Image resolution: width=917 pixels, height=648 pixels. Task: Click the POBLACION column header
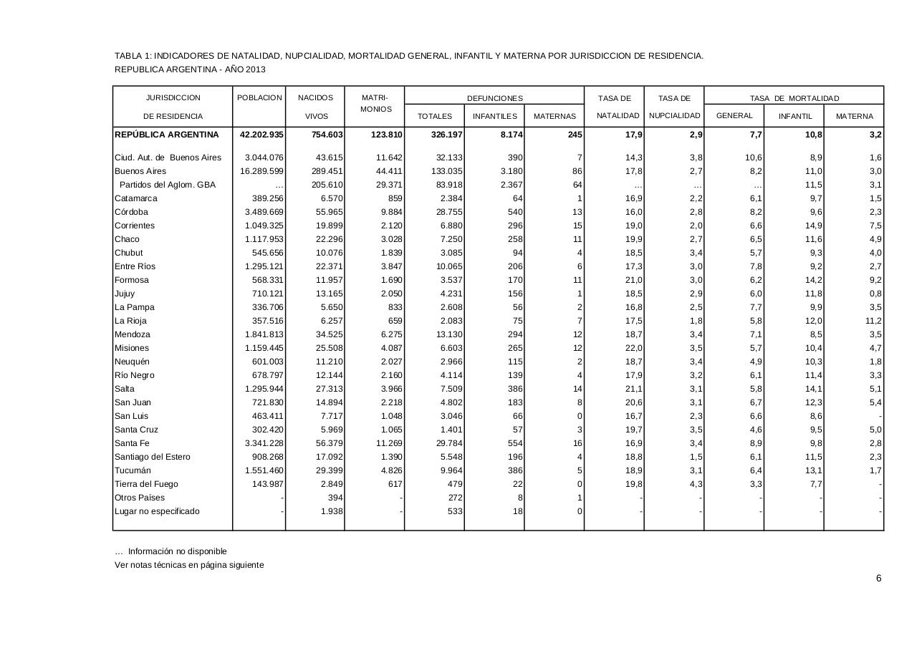pyautogui.click(x=259, y=98)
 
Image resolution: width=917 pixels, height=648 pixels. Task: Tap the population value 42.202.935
pyautogui.click(x=259, y=135)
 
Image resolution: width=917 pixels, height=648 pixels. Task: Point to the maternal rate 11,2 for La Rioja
pyautogui.click(x=873, y=321)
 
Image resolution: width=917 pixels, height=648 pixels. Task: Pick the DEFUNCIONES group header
pyautogui.click(x=494, y=98)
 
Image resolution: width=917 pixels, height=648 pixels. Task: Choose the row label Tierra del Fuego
pyautogui.click(x=146, y=484)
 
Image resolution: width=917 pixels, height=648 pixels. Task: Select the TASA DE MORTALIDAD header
pyautogui.click(x=794, y=98)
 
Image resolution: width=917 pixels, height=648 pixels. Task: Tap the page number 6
pyautogui.click(x=878, y=579)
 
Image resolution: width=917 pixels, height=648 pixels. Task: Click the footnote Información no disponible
pyautogui.click(x=177, y=551)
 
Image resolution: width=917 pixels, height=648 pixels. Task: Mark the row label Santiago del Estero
pyautogui.click(x=152, y=457)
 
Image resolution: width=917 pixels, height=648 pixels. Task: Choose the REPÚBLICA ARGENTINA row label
pyautogui.click(x=167, y=135)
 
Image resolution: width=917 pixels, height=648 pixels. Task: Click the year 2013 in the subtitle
pyautogui.click(x=255, y=69)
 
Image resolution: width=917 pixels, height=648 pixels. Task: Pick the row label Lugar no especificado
pyautogui.click(x=157, y=511)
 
